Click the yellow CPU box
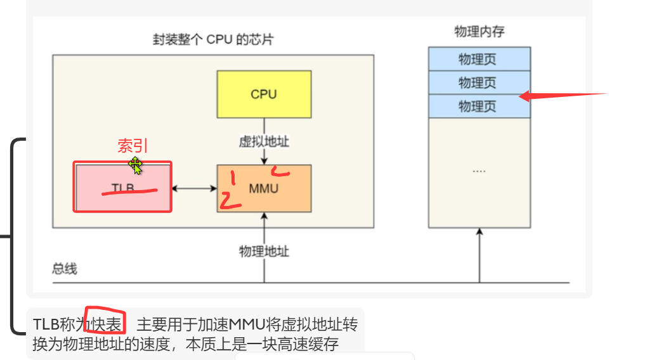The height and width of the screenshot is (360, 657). [264, 94]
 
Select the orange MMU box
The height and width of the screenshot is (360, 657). [264, 189]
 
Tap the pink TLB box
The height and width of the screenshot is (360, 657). [123, 187]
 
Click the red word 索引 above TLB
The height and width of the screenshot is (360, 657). [132, 146]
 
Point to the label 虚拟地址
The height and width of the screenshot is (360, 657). [264, 141]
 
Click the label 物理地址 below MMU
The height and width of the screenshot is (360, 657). [264, 251]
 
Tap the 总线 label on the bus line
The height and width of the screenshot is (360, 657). [65, 269]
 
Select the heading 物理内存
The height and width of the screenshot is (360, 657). [479, 32]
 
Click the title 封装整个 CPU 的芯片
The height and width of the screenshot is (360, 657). [213, 40]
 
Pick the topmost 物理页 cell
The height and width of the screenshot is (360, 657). [479, 60]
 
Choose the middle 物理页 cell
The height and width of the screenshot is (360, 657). [479, 83]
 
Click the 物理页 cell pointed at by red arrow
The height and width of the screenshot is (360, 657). [479, 106]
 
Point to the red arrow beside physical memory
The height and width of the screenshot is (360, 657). [561, 96]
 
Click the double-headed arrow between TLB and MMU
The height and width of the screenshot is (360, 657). [194, 188]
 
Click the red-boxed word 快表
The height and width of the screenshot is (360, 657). [106, 325]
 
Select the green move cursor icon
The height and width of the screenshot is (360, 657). [135, 165]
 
